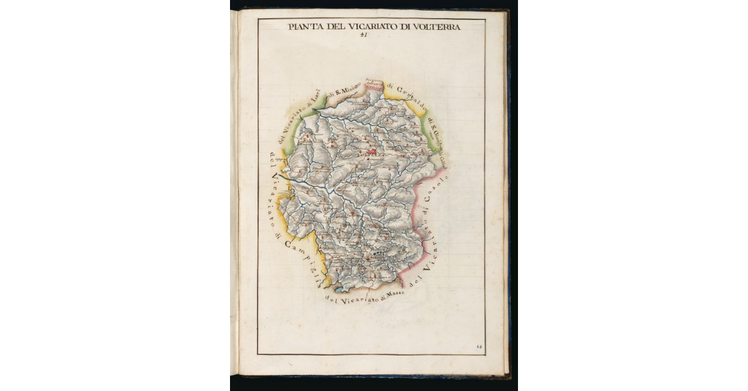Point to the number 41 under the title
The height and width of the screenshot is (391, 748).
[364, 35]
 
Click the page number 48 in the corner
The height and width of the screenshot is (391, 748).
[479, 346]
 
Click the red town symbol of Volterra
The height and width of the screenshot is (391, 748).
[372, 151]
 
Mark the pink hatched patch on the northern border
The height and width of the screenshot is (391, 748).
[375, 86]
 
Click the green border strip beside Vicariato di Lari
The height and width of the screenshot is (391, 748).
[293, 118]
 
